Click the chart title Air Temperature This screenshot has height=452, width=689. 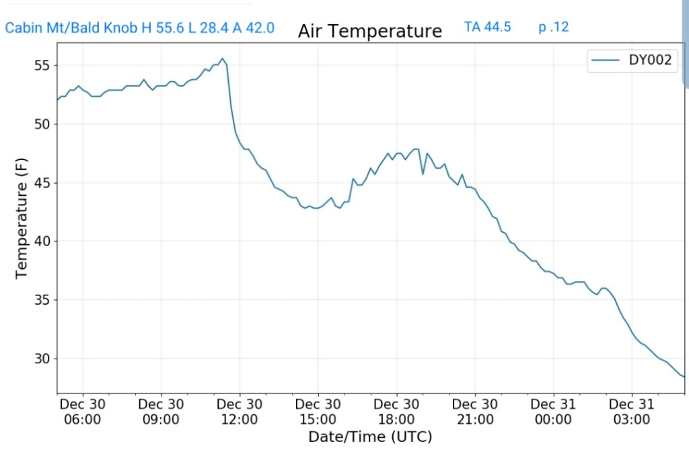[x=369, y=32]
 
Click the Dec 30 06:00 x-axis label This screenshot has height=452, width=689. [x=83, y=412]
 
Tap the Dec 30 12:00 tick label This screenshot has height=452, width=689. [x=240, y=412]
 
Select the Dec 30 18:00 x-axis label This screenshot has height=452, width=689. [x=396, y=412]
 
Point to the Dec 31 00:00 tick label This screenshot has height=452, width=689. [x=553, y=412]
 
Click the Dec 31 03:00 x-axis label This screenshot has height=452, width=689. [x=632, y=412]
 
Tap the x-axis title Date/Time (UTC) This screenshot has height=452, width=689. [x=370, y=437]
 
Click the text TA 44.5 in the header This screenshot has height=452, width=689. [x=487, y=27]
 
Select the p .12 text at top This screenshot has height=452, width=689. [x=553, y=27]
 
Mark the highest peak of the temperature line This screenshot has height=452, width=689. [x=222, y=59]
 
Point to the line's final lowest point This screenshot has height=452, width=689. [x=684, y=377]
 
